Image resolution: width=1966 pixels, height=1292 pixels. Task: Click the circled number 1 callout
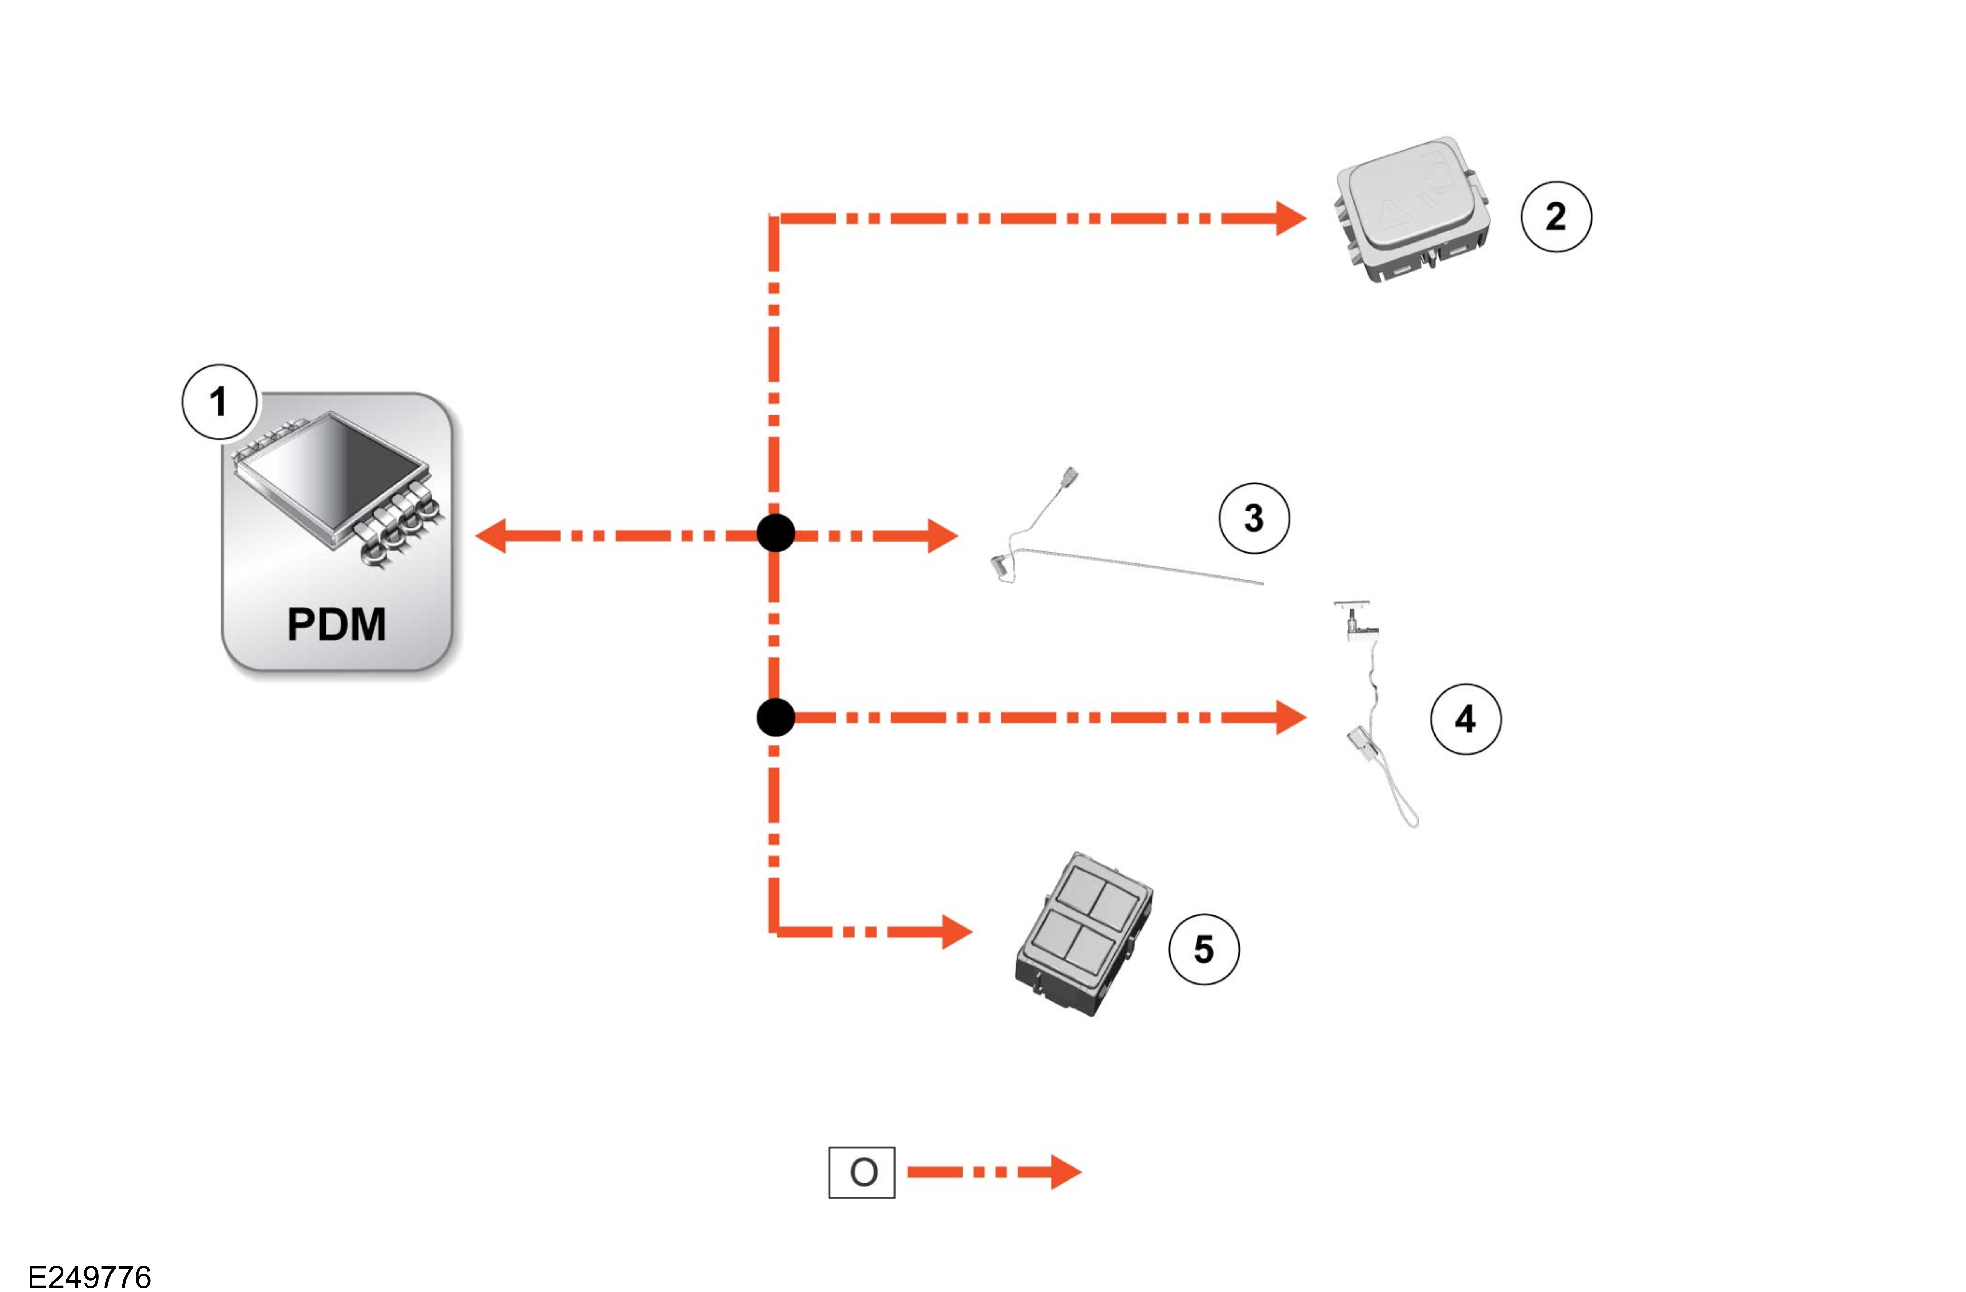[219, 402]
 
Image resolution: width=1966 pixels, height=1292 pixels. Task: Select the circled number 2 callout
[1556, 217]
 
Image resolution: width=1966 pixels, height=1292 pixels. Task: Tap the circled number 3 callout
[1254, 518]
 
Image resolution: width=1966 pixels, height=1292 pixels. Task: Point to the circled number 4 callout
[1466, 719]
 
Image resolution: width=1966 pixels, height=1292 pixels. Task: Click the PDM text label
[336, 624]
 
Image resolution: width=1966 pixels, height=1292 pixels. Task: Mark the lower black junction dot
[776, 717]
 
